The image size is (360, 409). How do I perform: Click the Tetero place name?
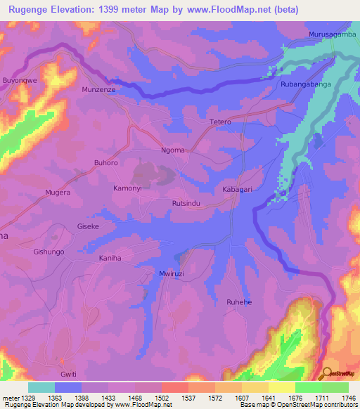pyautogui.click(x=220, y=122)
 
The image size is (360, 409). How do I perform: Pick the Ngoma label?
pyautogui.click(x=173, y=150)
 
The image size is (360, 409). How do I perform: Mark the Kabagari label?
pyautogui.click(x=237, y=190)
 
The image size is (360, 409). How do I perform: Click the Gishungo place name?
pyautogui.click(x=49, y=252)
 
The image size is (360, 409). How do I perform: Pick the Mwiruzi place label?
pyautogui.click(x=172, y=272)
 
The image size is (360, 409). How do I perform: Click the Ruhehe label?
pyautogui.click(x=238, y=302)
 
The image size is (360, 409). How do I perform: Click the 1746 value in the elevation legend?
pyautogui.click(x=345, y=397)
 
